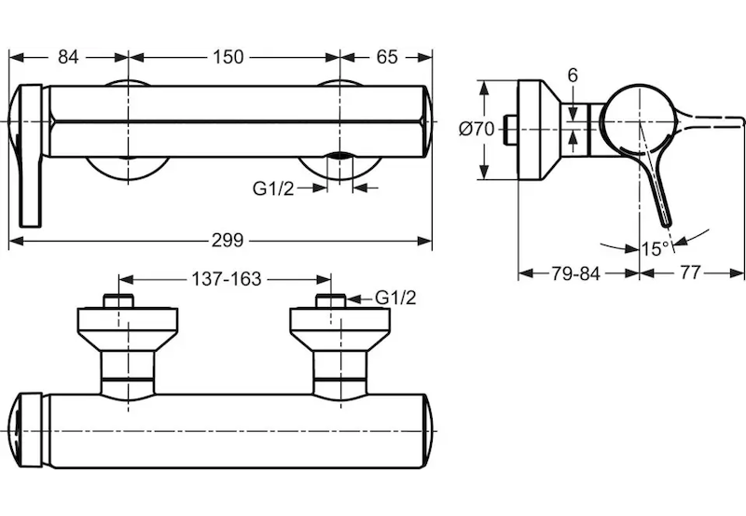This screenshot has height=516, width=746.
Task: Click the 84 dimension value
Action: tap(67, 57)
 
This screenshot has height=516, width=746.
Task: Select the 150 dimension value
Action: tap(228, 57)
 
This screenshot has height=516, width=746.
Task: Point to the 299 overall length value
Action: tap(227, 241)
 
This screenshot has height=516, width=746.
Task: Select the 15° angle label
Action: tap(656, 249)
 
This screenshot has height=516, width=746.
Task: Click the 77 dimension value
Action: tap(691, 273)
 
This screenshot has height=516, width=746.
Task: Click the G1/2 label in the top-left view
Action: tap(273, 188)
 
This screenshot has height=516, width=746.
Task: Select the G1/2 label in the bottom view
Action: tap(395, 299)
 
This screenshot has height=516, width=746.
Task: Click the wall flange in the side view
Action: tap(535, 130)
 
